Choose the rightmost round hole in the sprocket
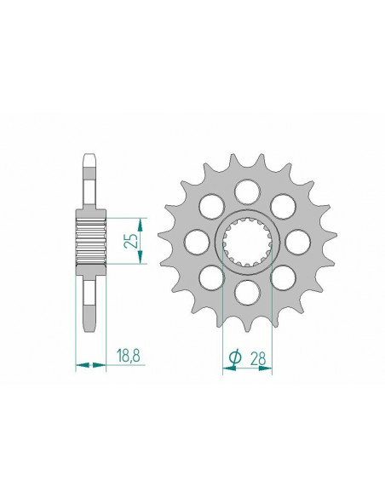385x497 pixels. tap(296, 240)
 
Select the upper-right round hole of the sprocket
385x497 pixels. tap(282, 203)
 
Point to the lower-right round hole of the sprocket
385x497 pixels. tap(282, 277)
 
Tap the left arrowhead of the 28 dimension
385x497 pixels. tap(225, 370)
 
